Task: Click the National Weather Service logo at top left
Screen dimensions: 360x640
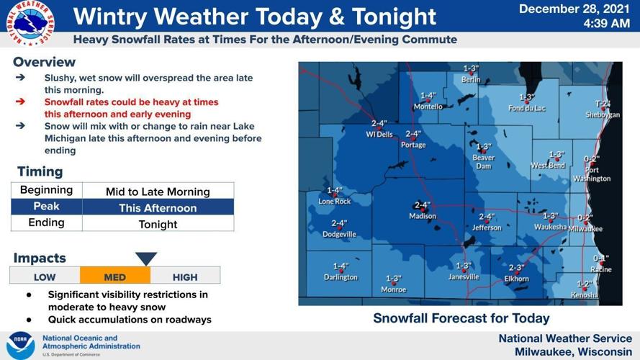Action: pos(30,23)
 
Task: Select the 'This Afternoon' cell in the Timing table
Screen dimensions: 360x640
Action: pos(158,207)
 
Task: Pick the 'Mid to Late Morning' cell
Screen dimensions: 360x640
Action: pos(158,192)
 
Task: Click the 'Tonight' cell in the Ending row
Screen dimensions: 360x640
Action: pos(158,224)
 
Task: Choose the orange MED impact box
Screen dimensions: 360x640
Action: pos(115,276)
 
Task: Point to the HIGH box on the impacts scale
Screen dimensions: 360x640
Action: pos(185,276)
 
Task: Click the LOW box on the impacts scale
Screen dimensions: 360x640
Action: pos(45,276)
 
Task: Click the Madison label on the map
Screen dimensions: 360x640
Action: pos(423,216)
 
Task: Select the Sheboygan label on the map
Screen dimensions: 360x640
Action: pos(603,114)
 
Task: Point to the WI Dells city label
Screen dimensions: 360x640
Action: pos(379,134)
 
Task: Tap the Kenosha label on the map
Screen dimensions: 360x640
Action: pos(584,295)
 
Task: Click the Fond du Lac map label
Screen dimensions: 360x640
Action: pos(527,108)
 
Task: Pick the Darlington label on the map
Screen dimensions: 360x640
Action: pos(341,277)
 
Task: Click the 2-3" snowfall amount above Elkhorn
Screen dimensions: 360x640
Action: pos(516,268)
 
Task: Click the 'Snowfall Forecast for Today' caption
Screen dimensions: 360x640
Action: pos(461,318)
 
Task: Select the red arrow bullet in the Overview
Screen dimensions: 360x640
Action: pos(21,102)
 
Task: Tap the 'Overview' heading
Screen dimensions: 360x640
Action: pos(44,62)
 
